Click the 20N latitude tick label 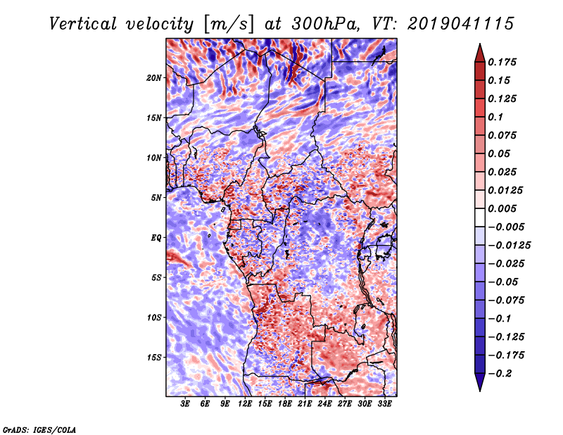(154, 78)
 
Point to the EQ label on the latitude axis (156, 238)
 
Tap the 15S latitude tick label (154, 358)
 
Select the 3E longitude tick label (185, 404)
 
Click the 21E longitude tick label (305, 404)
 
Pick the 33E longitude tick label (384, 404)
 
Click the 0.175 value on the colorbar (502, 62)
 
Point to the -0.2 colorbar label (499, 374)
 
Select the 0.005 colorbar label (502, 208)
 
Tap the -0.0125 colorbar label (509, 246)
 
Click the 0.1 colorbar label (495, 117)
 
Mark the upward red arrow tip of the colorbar (480, 44)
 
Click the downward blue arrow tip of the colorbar (480, 391)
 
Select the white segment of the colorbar (480, 217)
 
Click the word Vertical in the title (83, 24)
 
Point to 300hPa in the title (326, 24)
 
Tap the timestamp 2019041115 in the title (461, 24)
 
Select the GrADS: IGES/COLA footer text (39, 429)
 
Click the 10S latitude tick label (154, 317)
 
